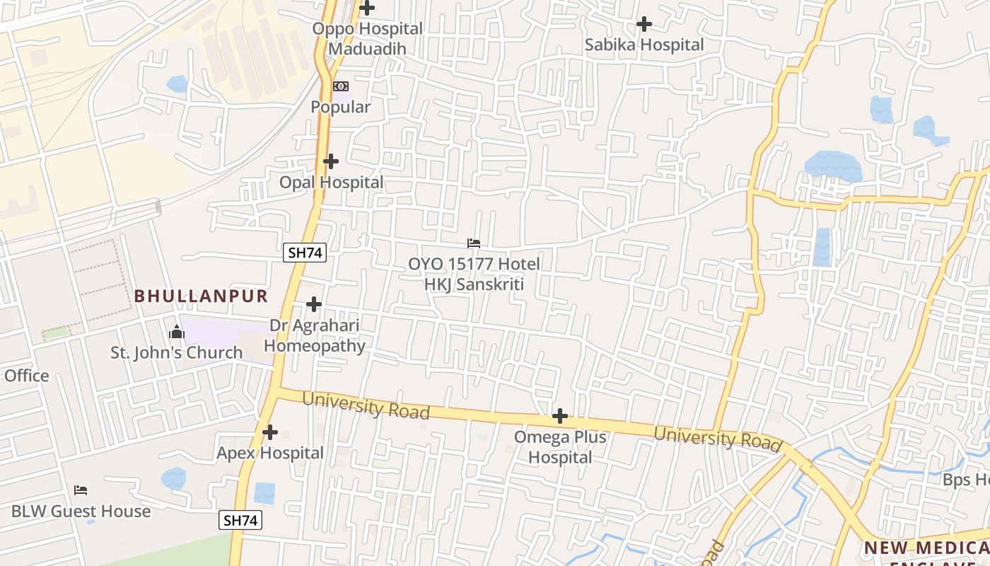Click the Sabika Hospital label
coord(644,45)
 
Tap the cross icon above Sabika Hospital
coord(643,24)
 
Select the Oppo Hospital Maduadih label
coord(368,39)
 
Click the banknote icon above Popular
coord(341,86)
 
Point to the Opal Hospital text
coord(331,183)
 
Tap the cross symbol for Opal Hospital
coord(330,161)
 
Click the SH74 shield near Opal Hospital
coord(305,253)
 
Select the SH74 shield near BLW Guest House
coord(240,520)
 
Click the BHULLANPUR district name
coord(202,296)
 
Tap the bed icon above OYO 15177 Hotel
coord(474,243)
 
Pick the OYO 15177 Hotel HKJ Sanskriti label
coord(474,275)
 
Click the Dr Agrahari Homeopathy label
coord(315,336)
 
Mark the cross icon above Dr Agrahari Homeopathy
coord(314,304)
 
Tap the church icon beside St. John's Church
coord(176,331)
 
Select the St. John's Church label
coord(177,352)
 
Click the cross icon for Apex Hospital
coord(269,432)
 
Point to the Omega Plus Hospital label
coord(560,447)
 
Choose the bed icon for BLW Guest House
coord(81,490)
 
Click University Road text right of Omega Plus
coord(718,439)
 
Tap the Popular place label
coord(341,108)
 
